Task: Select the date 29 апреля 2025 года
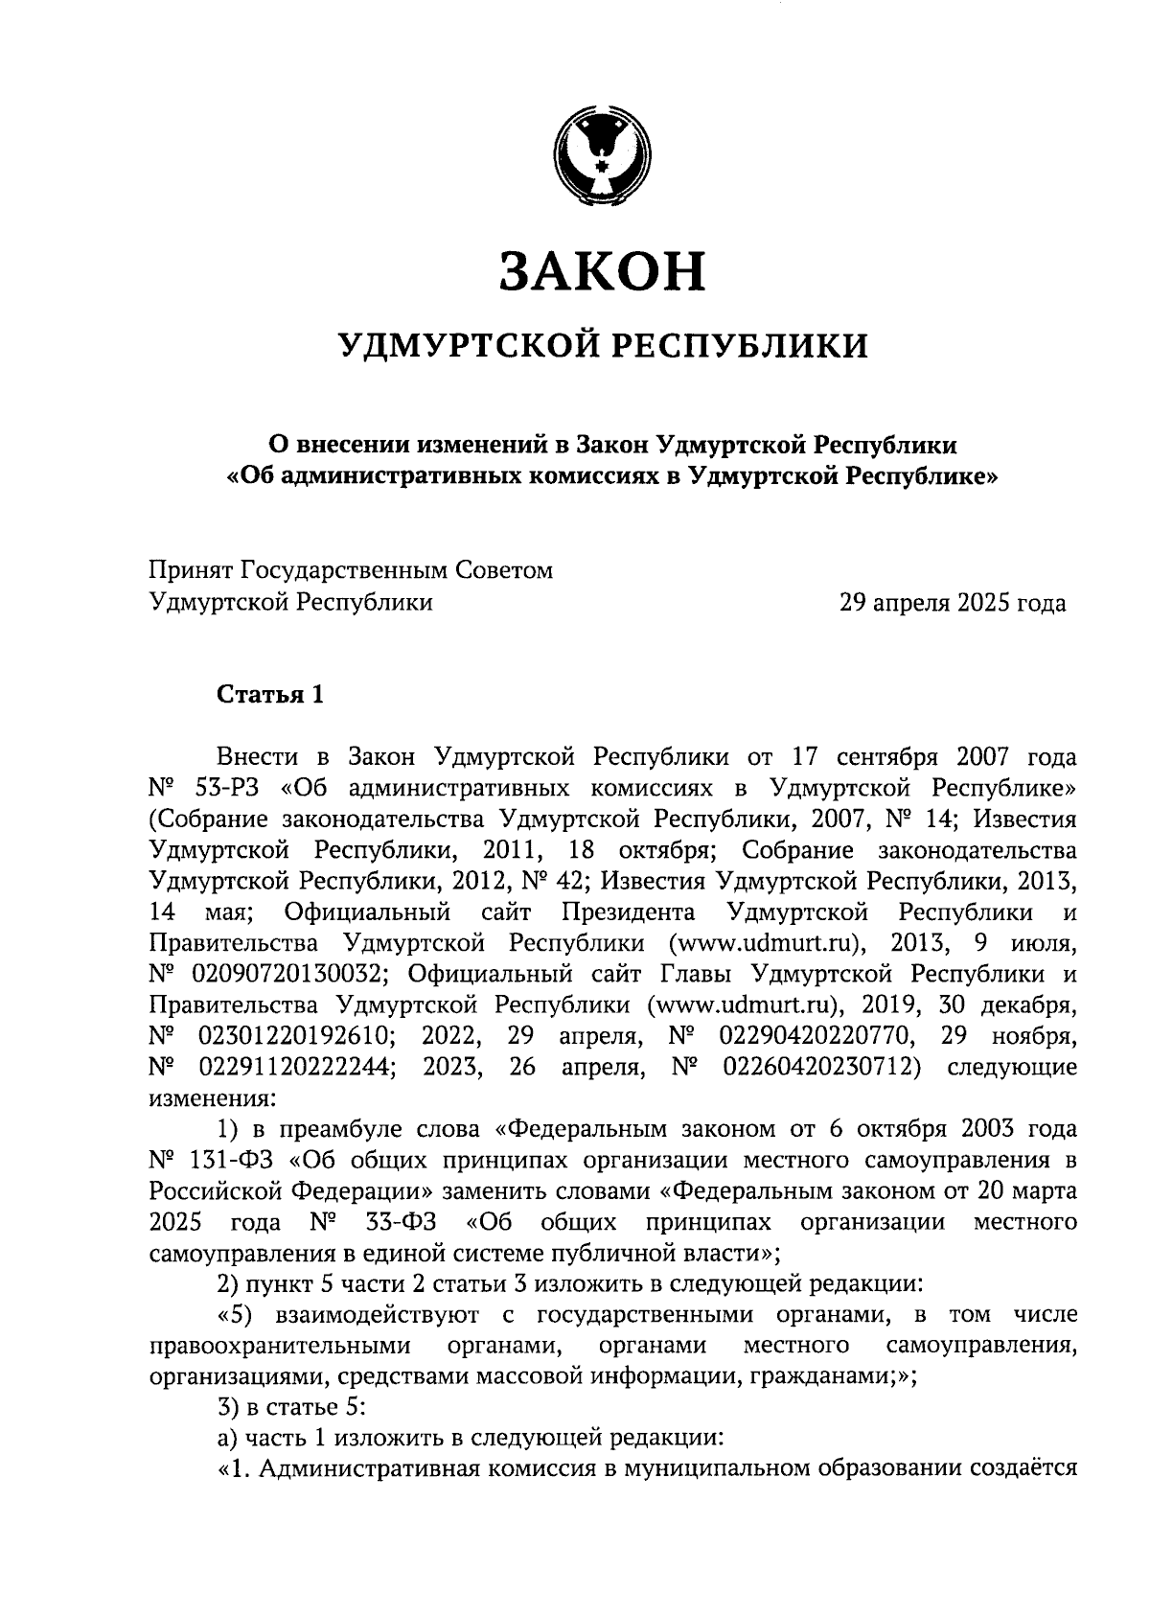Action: point(952,603)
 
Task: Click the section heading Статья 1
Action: point(270,694)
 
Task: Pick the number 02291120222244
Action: point(296,1068)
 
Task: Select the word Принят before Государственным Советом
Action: point(190,571)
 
